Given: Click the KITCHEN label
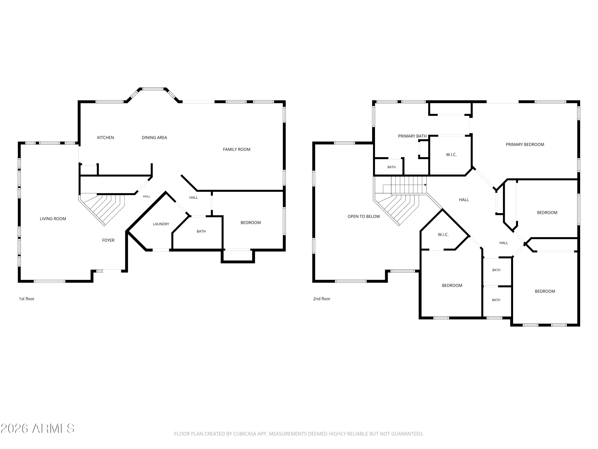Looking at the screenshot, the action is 105,138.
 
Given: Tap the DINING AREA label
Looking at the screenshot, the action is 154,138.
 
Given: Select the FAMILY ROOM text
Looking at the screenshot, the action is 237,149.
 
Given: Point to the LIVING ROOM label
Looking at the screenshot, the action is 53,219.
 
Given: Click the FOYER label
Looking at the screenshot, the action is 108,240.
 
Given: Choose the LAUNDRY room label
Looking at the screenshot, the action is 161,224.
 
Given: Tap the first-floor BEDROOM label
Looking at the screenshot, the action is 251,223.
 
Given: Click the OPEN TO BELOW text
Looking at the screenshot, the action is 364,217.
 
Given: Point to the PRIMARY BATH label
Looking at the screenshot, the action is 412,136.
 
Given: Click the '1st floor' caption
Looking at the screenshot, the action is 27,299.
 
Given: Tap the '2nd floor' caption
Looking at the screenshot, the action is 322,299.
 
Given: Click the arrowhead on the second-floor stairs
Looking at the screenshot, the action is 426,185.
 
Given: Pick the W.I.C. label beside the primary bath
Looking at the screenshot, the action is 451,155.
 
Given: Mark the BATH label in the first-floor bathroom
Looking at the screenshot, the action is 201,231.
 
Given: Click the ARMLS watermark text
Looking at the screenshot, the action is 38,428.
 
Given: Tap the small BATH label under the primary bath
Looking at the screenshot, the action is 391,167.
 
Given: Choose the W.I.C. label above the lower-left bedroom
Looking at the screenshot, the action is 443,235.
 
